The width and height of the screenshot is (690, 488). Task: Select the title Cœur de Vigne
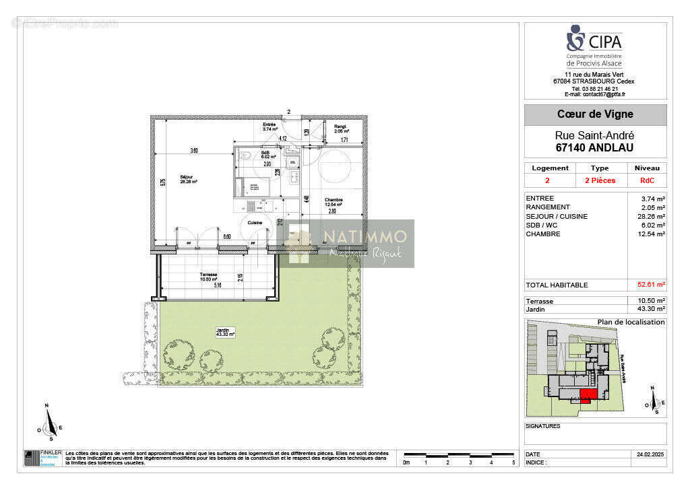coord(595,114)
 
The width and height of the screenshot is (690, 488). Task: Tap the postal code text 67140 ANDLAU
coord(595,147)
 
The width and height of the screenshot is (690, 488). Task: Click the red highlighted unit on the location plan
coord(588,396)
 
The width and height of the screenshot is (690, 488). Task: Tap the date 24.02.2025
coord(650,454)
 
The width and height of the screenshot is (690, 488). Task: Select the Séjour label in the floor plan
coord(186,178)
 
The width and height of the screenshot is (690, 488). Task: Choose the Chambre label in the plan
coord(334,200)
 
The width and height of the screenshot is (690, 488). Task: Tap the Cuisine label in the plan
coord(254,222)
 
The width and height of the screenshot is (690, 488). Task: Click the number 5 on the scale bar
coord(513,462)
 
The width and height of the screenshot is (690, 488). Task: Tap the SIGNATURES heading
coord(542,426)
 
